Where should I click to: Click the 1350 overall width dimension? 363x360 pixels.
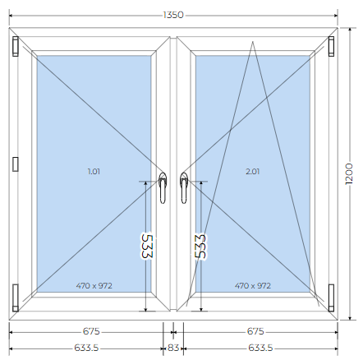173,15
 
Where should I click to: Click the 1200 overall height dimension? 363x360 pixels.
349,174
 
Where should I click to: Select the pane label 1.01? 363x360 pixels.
94,172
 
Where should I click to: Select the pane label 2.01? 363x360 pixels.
252,172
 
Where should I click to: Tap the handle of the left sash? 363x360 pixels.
163,188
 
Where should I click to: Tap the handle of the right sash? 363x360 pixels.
184,188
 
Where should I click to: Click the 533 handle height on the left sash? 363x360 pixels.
146,246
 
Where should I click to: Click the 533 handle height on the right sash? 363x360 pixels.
200,246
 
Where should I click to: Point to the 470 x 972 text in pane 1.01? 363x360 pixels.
94,286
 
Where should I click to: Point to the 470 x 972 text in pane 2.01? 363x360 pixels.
253,286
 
